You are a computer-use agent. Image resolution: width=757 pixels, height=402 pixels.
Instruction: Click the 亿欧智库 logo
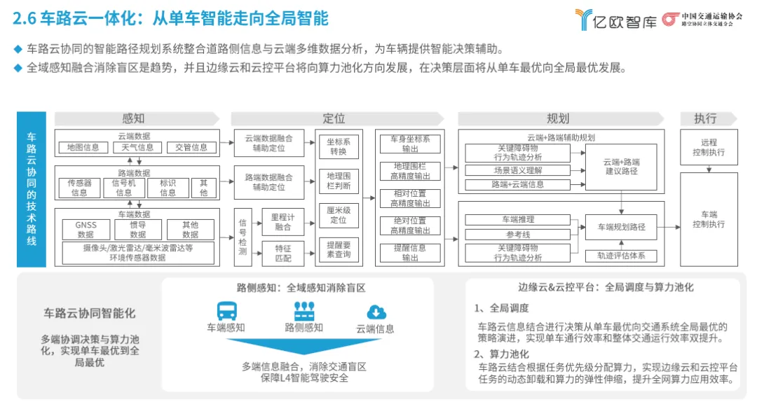tap(615, 20)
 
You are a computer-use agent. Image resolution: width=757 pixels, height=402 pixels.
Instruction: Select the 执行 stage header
tap(705, 118)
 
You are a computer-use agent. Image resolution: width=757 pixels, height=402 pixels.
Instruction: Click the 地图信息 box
tap(83, 148)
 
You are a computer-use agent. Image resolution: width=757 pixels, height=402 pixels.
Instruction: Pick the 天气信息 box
tap(137, 148)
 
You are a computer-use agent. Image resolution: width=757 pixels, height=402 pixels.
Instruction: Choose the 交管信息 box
tap(191, 148)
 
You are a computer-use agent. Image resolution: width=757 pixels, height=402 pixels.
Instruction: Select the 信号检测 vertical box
tap(243, 236)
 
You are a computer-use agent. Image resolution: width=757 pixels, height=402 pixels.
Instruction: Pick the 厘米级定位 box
tap(338, 215)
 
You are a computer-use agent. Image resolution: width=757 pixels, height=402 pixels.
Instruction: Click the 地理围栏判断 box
tap(338, 181)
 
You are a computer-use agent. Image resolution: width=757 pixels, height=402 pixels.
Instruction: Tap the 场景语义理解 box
tap(519, 170)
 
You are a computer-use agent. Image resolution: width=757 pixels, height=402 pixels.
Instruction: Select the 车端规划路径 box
tap(621, 227)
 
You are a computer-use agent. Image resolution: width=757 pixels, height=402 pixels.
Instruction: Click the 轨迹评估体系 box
tap(621, 256)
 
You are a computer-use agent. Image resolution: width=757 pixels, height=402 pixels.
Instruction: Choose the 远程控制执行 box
tap(709, 147)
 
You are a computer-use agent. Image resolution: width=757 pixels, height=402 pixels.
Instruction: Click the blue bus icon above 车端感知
tap(226, 311)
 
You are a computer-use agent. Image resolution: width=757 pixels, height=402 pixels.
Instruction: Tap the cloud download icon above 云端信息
tap(376, 312)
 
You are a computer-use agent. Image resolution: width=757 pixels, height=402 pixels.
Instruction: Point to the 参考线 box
tap(519, 234)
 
